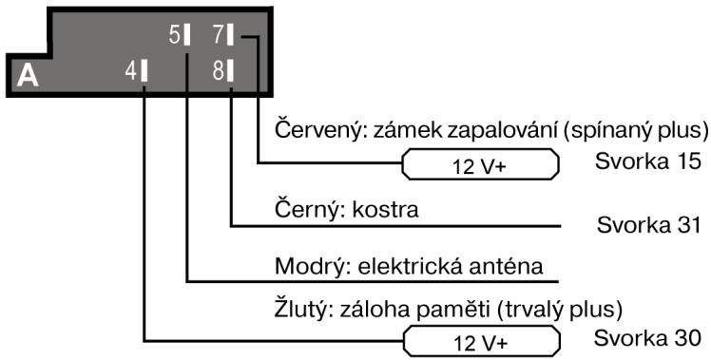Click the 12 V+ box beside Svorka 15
480,164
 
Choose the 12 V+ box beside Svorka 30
480,339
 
